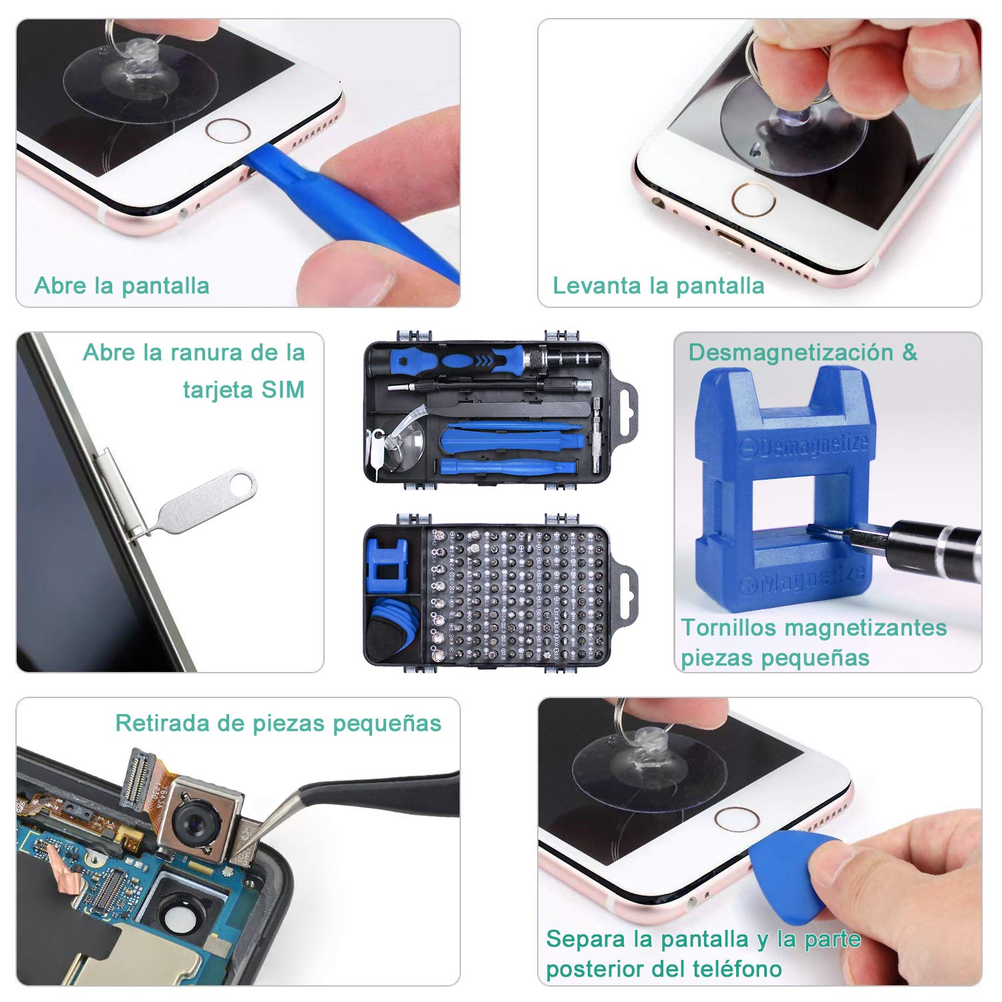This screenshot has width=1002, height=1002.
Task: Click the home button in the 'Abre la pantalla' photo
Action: coord(227,130)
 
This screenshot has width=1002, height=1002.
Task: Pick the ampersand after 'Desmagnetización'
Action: coord(909,353)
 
